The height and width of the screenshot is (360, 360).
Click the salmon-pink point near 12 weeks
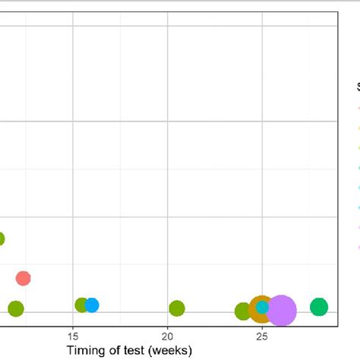point(23,278)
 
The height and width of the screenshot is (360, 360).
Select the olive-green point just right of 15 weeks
point(81,305)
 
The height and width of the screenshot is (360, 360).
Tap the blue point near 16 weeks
point(92,305)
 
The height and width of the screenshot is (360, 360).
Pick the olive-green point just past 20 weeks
point(177,308)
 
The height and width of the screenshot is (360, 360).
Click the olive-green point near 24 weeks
point(242,311)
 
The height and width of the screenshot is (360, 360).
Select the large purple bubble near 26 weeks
point(282,310)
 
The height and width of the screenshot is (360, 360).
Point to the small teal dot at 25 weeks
point(262,307)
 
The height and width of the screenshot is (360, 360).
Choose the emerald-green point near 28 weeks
point(319,307)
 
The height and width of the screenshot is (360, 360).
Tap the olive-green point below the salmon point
point(15,308)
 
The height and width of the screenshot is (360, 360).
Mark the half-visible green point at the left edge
point(2,238)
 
